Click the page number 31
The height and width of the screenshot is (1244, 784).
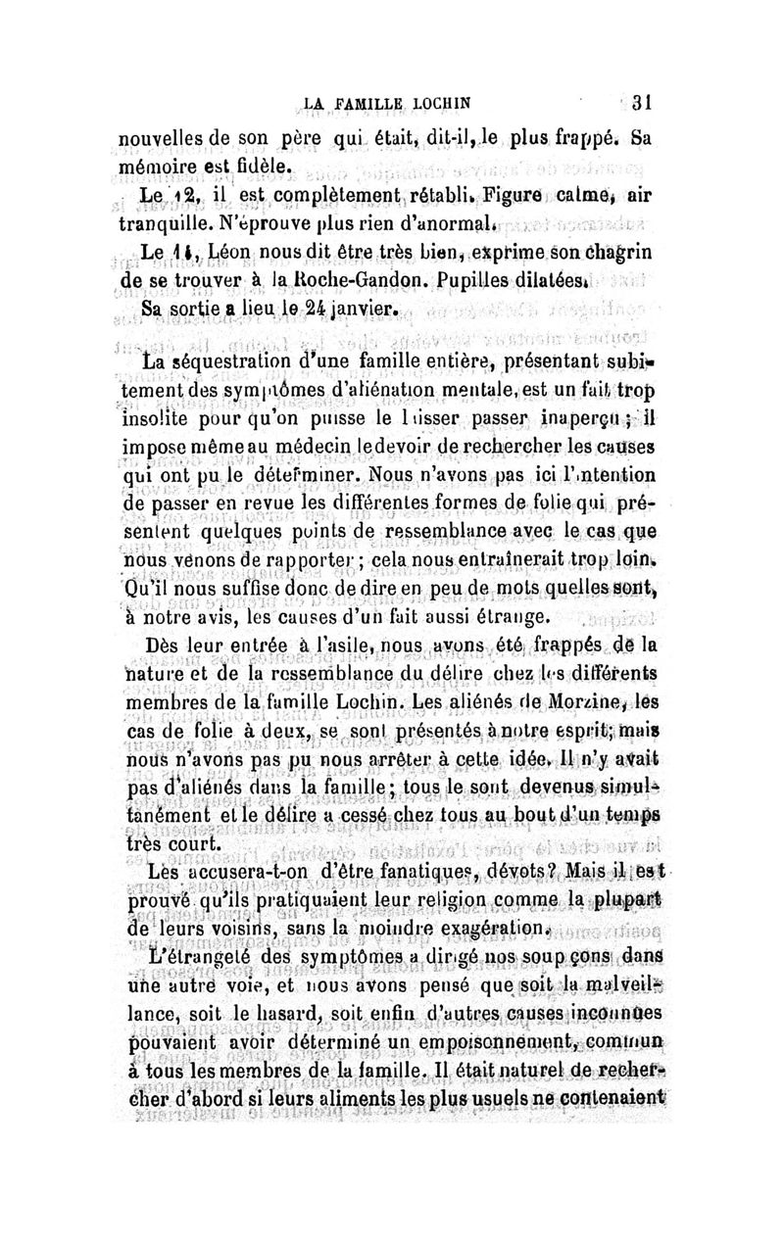[x=642, y=102]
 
